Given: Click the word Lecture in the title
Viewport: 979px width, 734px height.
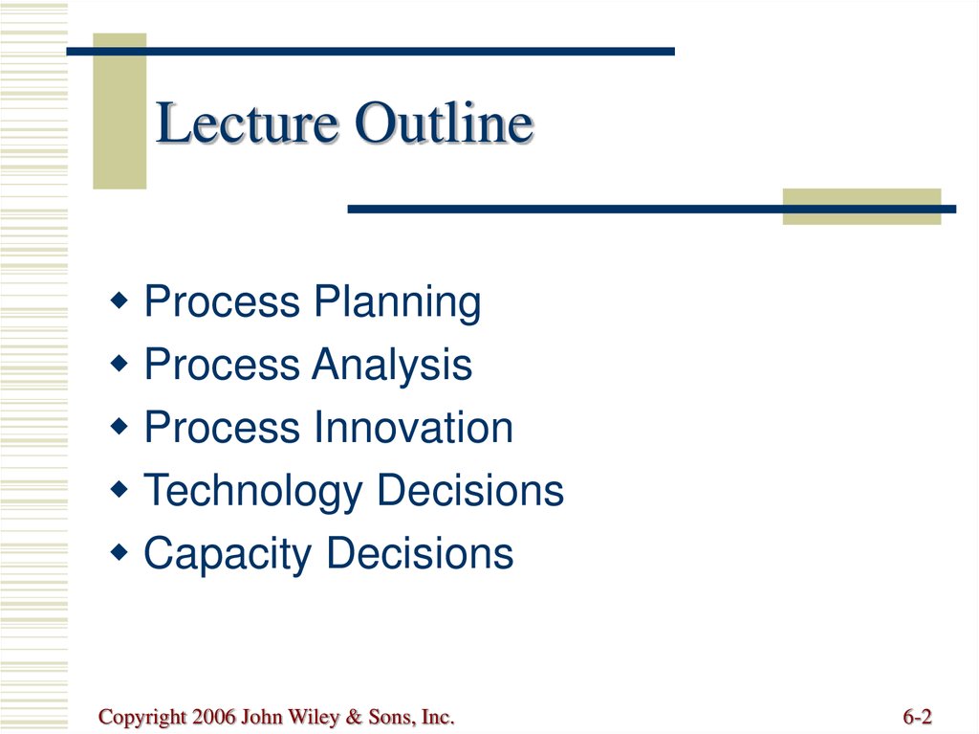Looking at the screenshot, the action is [x=248, y=122].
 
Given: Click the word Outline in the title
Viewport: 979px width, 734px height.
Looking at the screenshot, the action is [x=444, y=122].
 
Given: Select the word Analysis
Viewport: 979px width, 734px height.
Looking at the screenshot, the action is [x=392, y=366].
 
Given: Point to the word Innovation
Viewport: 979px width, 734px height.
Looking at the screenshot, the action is [x=413, y=428].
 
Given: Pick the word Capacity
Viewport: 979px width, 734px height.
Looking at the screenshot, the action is [x=228, y=555].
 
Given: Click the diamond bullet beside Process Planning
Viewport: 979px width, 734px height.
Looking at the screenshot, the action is [x=119, y=300].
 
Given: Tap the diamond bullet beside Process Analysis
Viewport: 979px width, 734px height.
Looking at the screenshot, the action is [x=119, y=364].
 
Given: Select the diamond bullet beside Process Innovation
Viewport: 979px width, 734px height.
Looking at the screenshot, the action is [x=119, y=427].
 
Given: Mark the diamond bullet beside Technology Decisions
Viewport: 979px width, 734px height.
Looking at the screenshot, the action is [x=119, y=489].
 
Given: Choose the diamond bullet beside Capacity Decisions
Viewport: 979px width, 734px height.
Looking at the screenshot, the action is [x=119, y=552].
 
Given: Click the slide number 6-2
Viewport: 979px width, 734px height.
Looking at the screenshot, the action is [x=917, y=717].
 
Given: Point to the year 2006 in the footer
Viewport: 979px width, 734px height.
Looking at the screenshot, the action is [x=214, y=717].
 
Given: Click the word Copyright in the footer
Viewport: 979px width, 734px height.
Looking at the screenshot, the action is [x=142, y=718].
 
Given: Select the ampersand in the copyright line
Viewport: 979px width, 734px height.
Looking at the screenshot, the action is [x=354, y=717].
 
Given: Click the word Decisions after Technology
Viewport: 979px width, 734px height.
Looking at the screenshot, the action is [x=470, y=490].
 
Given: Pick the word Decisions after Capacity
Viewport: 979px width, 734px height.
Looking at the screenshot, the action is [x=421, y=553].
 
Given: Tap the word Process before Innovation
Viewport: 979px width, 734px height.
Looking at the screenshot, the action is [x=222, y=428].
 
